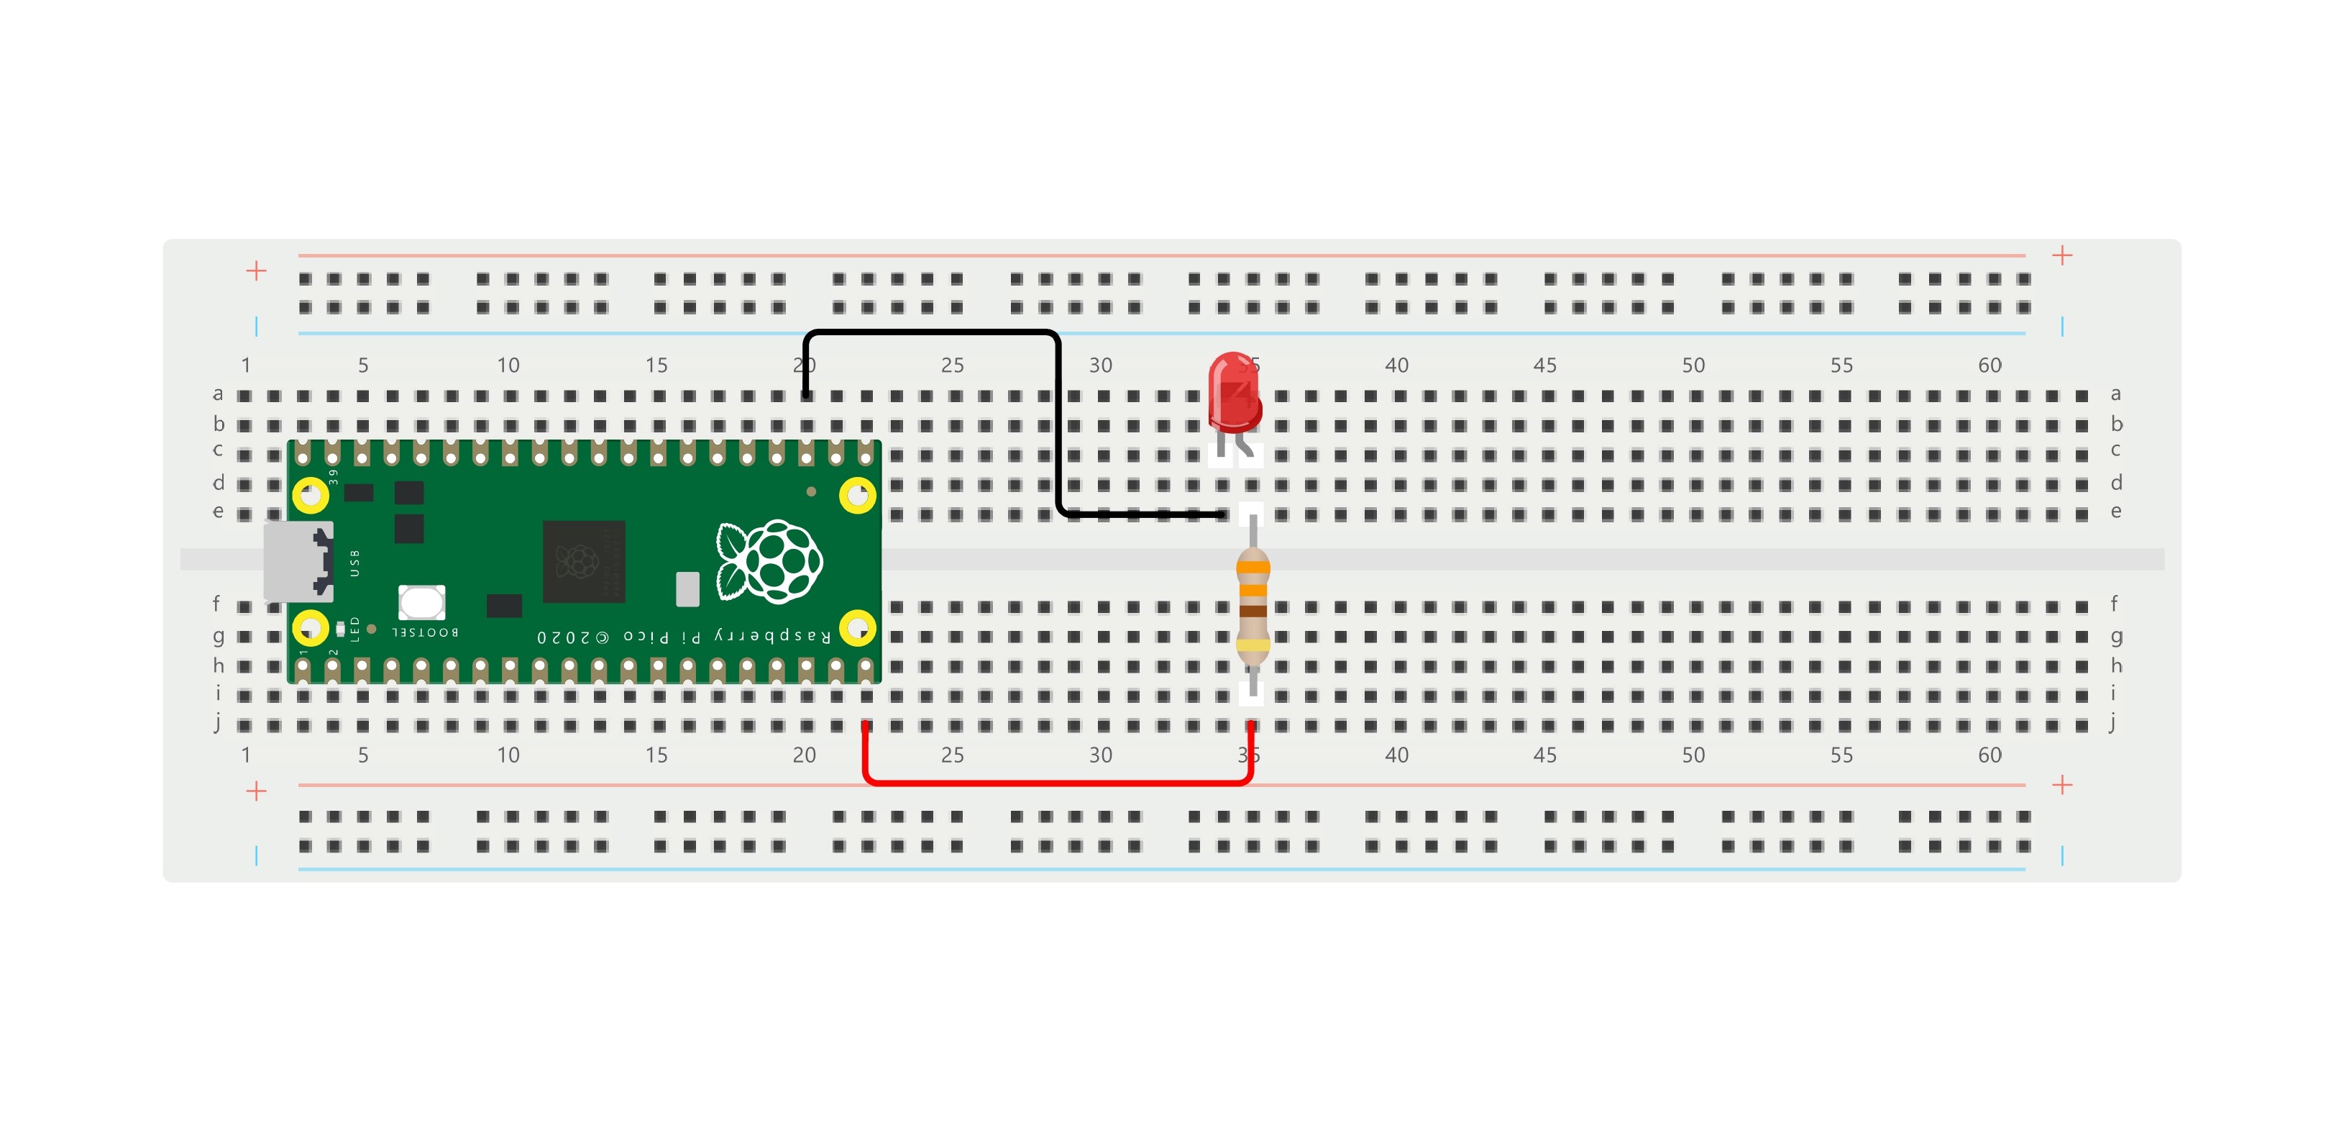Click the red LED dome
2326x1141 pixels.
coord(1233,392)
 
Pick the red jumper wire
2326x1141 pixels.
coord(1056,781)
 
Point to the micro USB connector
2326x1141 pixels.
coord(297,561)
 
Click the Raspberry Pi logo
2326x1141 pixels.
coord(769,561)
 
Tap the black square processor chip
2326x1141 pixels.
coord(583,561)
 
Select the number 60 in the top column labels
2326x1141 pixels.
coord(1990,365)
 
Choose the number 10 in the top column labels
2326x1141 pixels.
coord(508,365)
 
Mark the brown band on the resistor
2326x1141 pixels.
coord(1253,612)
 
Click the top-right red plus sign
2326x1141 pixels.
coord(2061,255)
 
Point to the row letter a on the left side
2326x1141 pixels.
coord(218,394)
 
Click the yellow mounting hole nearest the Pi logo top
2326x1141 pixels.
coord(857,495)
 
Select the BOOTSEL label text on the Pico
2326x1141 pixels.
coord(425,632)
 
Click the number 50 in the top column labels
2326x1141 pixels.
coord(1693,365)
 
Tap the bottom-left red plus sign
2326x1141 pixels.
coord(257,791)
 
